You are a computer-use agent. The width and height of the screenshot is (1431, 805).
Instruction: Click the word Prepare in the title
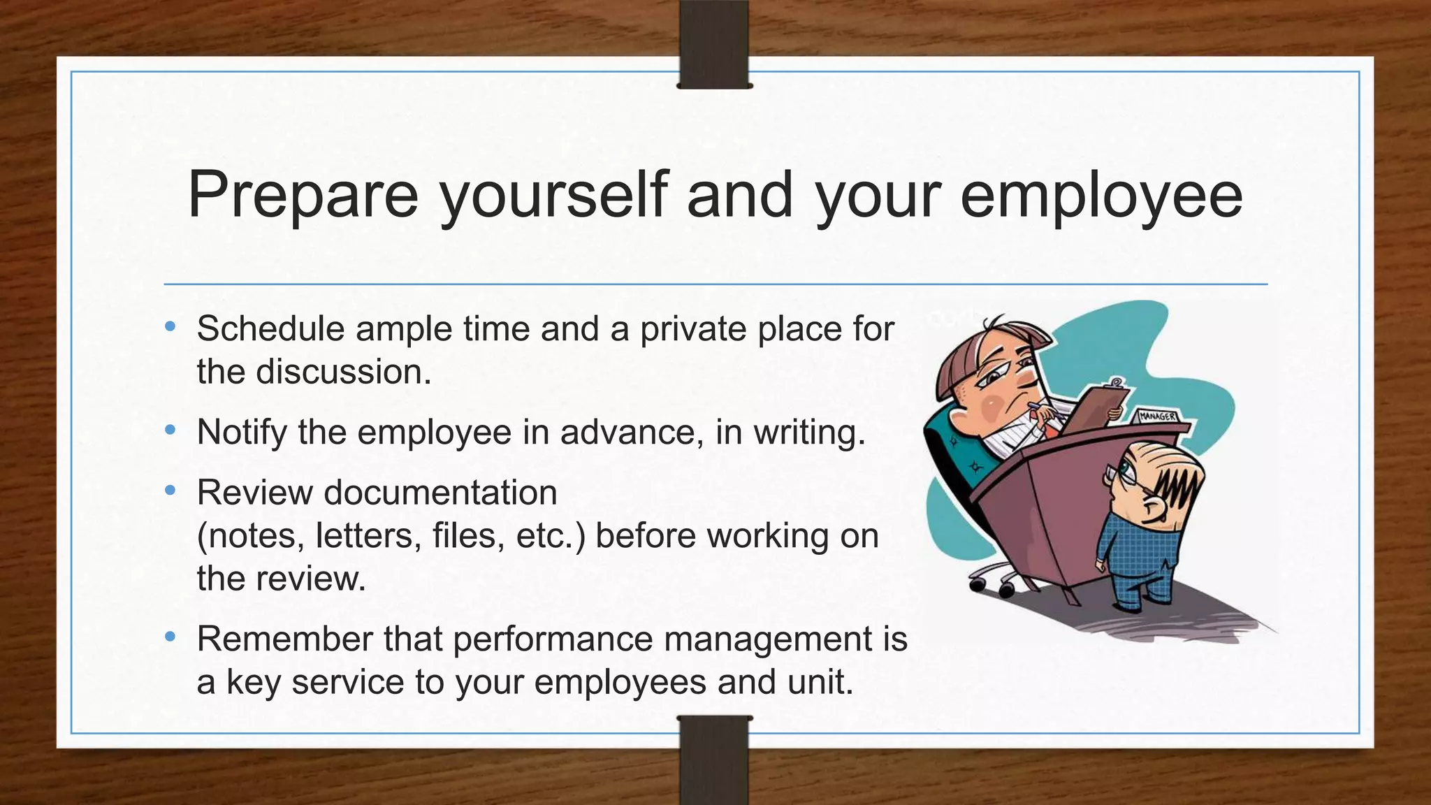point(303,196)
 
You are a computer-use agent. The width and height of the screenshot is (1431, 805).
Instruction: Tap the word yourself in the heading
point(553,196)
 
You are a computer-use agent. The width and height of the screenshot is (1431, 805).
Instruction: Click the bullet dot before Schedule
point(170,326)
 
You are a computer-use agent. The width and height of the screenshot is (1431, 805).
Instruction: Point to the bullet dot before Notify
point(170,430)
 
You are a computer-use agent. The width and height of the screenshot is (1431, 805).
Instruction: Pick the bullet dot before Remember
point(170,637)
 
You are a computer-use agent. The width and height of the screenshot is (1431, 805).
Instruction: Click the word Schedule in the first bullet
point(270,328)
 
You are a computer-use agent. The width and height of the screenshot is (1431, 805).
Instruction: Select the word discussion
point(343,372)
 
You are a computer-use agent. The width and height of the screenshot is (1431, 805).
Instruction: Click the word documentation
point(440,493)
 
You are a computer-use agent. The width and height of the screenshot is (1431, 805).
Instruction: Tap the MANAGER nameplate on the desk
point(1158,416)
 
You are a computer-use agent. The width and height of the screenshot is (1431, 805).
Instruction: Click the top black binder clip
point(714,43)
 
